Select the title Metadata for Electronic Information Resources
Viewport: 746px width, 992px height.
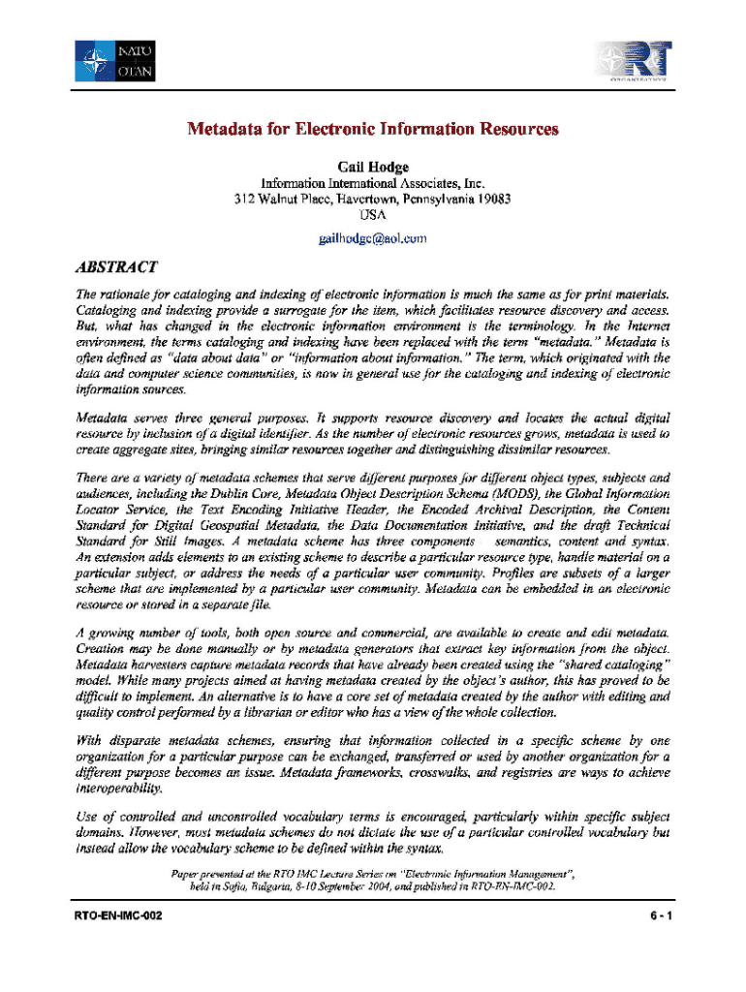pyautogui.click(x=373, y=129)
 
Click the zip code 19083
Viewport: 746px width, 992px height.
pyautogui.click(x=492, y=200)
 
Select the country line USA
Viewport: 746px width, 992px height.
pyautogui.click(x=373, y=215)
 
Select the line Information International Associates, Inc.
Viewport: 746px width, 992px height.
pyautogui.click(x=373, y=183)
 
